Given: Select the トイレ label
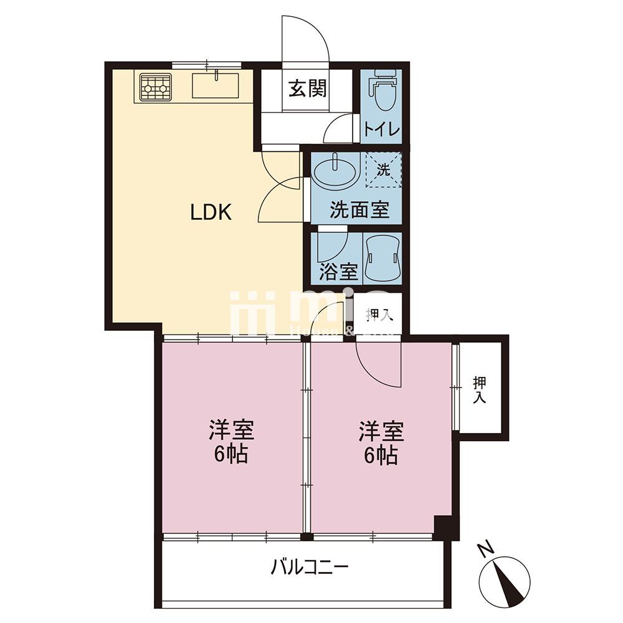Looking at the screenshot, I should pos(381,129).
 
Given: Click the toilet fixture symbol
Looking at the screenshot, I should pos(381,92).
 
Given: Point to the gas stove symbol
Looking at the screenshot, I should pos(155,87).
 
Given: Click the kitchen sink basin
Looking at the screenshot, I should pos(215,85).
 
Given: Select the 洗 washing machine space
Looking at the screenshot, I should pos(383,169).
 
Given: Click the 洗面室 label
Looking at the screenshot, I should pos(359,210).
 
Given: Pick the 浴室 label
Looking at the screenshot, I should pos(339,272).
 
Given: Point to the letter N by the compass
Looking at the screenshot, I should pos(485,549).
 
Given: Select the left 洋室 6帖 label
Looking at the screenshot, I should pos(232,442).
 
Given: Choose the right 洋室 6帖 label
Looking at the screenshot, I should pos(381,442).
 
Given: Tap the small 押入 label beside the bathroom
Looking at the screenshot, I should pos(379,315).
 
